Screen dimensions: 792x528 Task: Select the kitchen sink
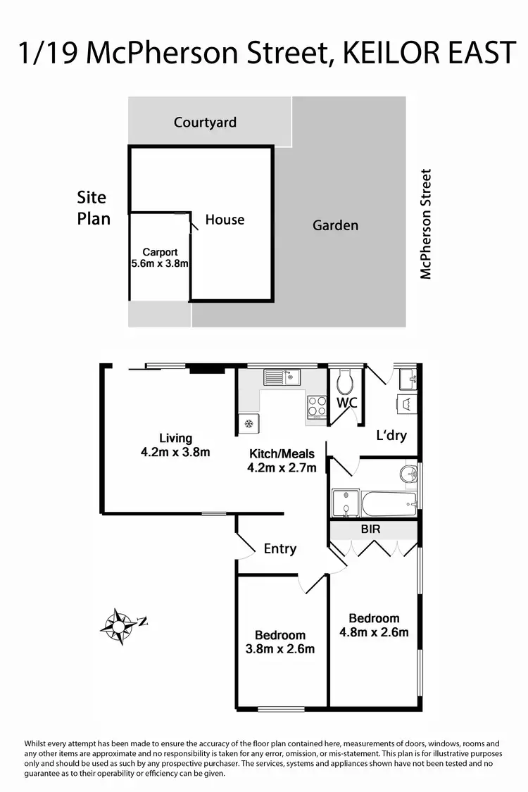pyautogui.click(x=282, y=377)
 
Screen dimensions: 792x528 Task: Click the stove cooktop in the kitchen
pyautogui.click(x=317, y=407)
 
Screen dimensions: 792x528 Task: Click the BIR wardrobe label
pyautogui.click(x=370, y=529)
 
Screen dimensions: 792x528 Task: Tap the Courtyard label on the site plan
pyautogui.click(x=205, y=122)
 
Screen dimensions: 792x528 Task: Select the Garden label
pyautogui.click(x=335, y=225)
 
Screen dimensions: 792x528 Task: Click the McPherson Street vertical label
pyautogui.click(x=425, y=224)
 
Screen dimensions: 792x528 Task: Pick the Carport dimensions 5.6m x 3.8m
pyautogui.click(x=160, y=264)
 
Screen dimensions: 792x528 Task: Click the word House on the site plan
pyautogui.click(x=225, y=220)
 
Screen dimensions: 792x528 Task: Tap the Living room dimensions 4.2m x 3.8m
pyautogui.click(x=175, y=452)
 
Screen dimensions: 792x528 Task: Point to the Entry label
pyautogui.click(x=279, y=548)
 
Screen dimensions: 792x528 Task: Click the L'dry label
pyautogui.click(x=391, y=435)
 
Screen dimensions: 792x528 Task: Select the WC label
pyautogui.click(x=347, y=403)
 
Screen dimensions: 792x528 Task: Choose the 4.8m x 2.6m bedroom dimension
pyautogui.click(x=374, y=631)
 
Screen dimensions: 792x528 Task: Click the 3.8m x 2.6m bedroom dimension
pyautogui.click(x=279, y=648)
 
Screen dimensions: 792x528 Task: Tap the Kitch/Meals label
pyautogui.click(x=282, y=454)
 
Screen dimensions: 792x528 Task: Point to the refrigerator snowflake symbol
pyautogui.click(x=248, y=424)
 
